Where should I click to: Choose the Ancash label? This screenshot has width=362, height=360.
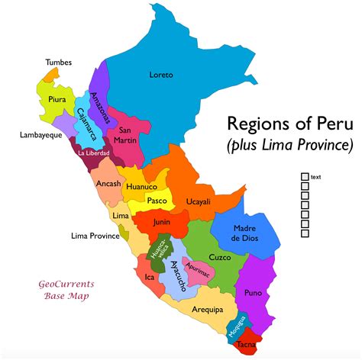click(x=108, y=184)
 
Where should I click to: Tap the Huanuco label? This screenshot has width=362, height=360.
click(x=141, y=186)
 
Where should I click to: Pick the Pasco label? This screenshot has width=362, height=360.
click(x=157, y=201)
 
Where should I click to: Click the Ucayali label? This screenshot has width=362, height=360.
click(x=199, y=201)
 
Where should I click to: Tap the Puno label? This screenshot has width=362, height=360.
click(x=254, y=292)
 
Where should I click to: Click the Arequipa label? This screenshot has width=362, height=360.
click(x=208, y=310)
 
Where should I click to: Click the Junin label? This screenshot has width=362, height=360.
click(x=161, y=222)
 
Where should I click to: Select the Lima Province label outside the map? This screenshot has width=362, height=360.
click(x=94, y=236)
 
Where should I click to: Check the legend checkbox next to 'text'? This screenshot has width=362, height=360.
click(x=305, y=177)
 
